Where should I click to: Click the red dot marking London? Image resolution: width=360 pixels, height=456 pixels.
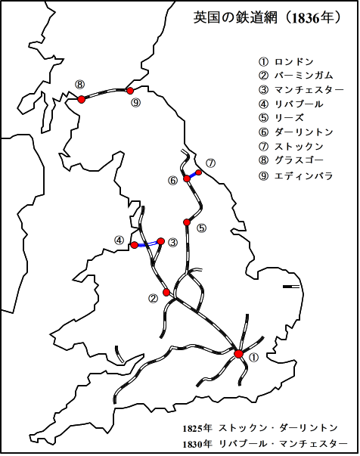239,354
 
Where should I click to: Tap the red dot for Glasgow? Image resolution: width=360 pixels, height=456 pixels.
82,98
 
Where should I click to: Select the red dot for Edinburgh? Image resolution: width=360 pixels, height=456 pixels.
130,91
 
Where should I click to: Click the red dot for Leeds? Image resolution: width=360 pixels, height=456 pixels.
186,222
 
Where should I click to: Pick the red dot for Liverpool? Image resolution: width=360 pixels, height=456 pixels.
135,245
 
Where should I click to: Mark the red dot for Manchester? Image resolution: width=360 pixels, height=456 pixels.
160,241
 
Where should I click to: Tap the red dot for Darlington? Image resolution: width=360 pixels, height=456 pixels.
187,178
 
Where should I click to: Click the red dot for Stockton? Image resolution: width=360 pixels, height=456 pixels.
200,172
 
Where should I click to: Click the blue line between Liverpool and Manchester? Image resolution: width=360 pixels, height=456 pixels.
147,244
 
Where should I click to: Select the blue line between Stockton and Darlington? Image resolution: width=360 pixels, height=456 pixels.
194,175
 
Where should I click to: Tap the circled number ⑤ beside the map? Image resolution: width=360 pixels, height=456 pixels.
200,228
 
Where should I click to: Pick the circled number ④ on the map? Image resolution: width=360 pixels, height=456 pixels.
119,240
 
